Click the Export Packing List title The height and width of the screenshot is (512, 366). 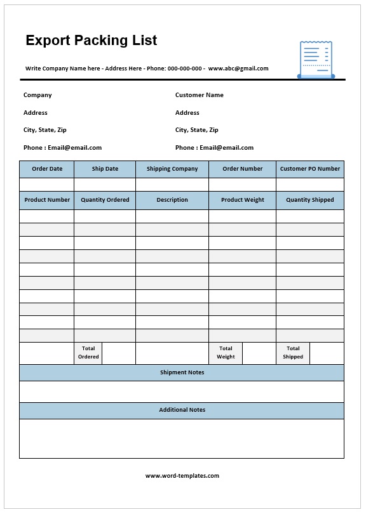click(x=91, y=41)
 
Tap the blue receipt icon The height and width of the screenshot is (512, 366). click(x=316, y=60)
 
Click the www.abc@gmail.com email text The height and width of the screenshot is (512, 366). click(x=238, y=69)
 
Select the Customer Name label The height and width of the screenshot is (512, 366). click(x=199, y=95)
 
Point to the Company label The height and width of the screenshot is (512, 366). click(x=37, y=95)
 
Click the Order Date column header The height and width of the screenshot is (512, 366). click(x=47, y=169)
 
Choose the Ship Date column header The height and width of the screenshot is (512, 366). click(x=105, y=169)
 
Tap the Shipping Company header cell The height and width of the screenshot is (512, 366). click(x=172, y=169)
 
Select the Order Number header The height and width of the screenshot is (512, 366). click(x=242, y=169)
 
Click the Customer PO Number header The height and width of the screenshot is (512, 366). click(x=310, y=169)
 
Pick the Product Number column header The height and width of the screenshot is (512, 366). click(x=47, y=200)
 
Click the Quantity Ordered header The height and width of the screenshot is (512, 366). click(x=105, y=200)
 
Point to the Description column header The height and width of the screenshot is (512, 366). click(x=172, y=200)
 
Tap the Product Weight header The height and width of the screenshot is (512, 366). click(x=242, y=200)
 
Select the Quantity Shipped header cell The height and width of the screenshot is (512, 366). click(x=310, y=200)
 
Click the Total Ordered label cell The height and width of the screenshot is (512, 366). click(x=88, y=353)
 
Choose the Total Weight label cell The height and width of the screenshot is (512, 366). click(x=226, y=353)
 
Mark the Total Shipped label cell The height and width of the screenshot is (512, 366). click(x=293, y=353)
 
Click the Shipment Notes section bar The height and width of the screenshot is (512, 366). click(x=182, y=372)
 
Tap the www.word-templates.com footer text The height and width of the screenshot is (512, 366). click(x=182, y=476)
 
